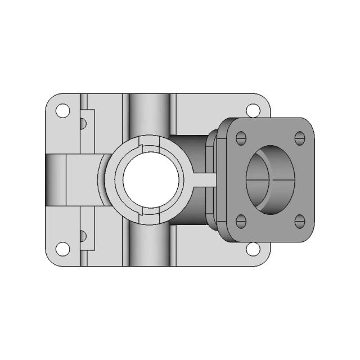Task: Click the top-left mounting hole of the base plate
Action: pos(64,110)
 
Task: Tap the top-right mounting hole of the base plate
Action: pos(254,110)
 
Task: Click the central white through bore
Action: pos(152,179)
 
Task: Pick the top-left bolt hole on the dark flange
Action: pos(241,137)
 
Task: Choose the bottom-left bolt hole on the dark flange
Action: pos(241,219)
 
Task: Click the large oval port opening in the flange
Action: pos(269,179)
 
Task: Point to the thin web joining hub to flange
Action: pos(204,179)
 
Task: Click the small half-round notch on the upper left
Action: pos(83,122)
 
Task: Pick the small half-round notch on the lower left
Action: pos(83,235)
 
